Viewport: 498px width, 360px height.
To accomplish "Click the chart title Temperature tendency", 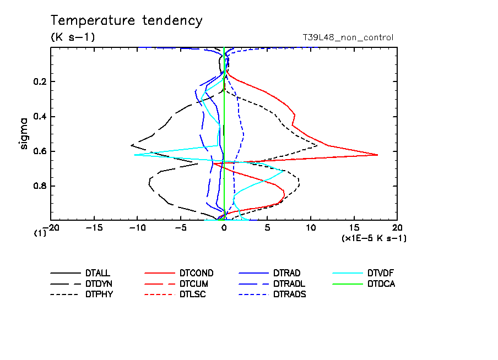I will (x=126, y=21).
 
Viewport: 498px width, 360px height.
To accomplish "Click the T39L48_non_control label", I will (x=348, y=37).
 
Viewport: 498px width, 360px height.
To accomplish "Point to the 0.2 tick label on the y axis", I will (x=40, y=82).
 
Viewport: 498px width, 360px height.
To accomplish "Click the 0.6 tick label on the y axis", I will (x=40, y=151).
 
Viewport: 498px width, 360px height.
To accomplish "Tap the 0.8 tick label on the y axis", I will (x=40, y=186).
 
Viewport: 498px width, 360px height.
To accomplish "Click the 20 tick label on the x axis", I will (x=397, y=228).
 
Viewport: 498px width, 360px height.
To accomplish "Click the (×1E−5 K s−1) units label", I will (x=374, y=238).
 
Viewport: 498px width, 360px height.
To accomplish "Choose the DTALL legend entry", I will (x=98, y=273).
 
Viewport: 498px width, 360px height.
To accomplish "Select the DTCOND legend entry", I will (x=196, y=273).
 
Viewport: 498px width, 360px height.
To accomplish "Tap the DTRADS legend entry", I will (x=290, y=294).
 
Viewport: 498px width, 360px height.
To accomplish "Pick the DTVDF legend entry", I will (x=381, y=273).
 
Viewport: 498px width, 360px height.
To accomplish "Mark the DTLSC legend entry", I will (x=193, y=294).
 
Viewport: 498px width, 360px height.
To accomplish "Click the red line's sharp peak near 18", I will (x=377, y=155).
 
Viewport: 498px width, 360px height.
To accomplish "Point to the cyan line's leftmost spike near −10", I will (x=134, y=155).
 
